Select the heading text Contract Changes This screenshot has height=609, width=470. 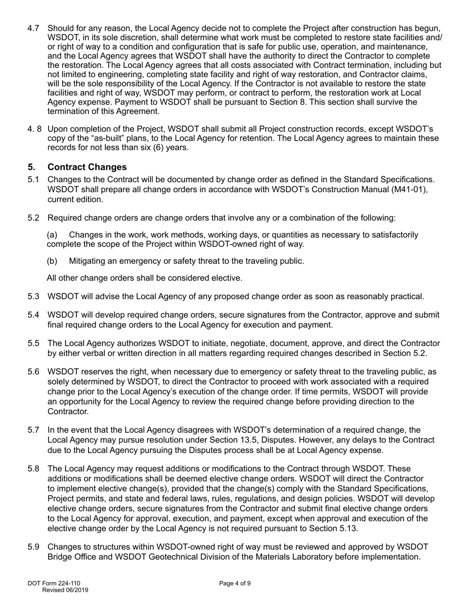click(x=87, y=167)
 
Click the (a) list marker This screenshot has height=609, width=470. click(x=52, y=235)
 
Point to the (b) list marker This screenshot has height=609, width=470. click(x=52, y=261)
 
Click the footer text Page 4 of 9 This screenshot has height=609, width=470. click(x=235, y=583)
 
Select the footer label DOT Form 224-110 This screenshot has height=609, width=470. click(x=54, y=583)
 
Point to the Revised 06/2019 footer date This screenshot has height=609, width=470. click(x=65, y=590)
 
